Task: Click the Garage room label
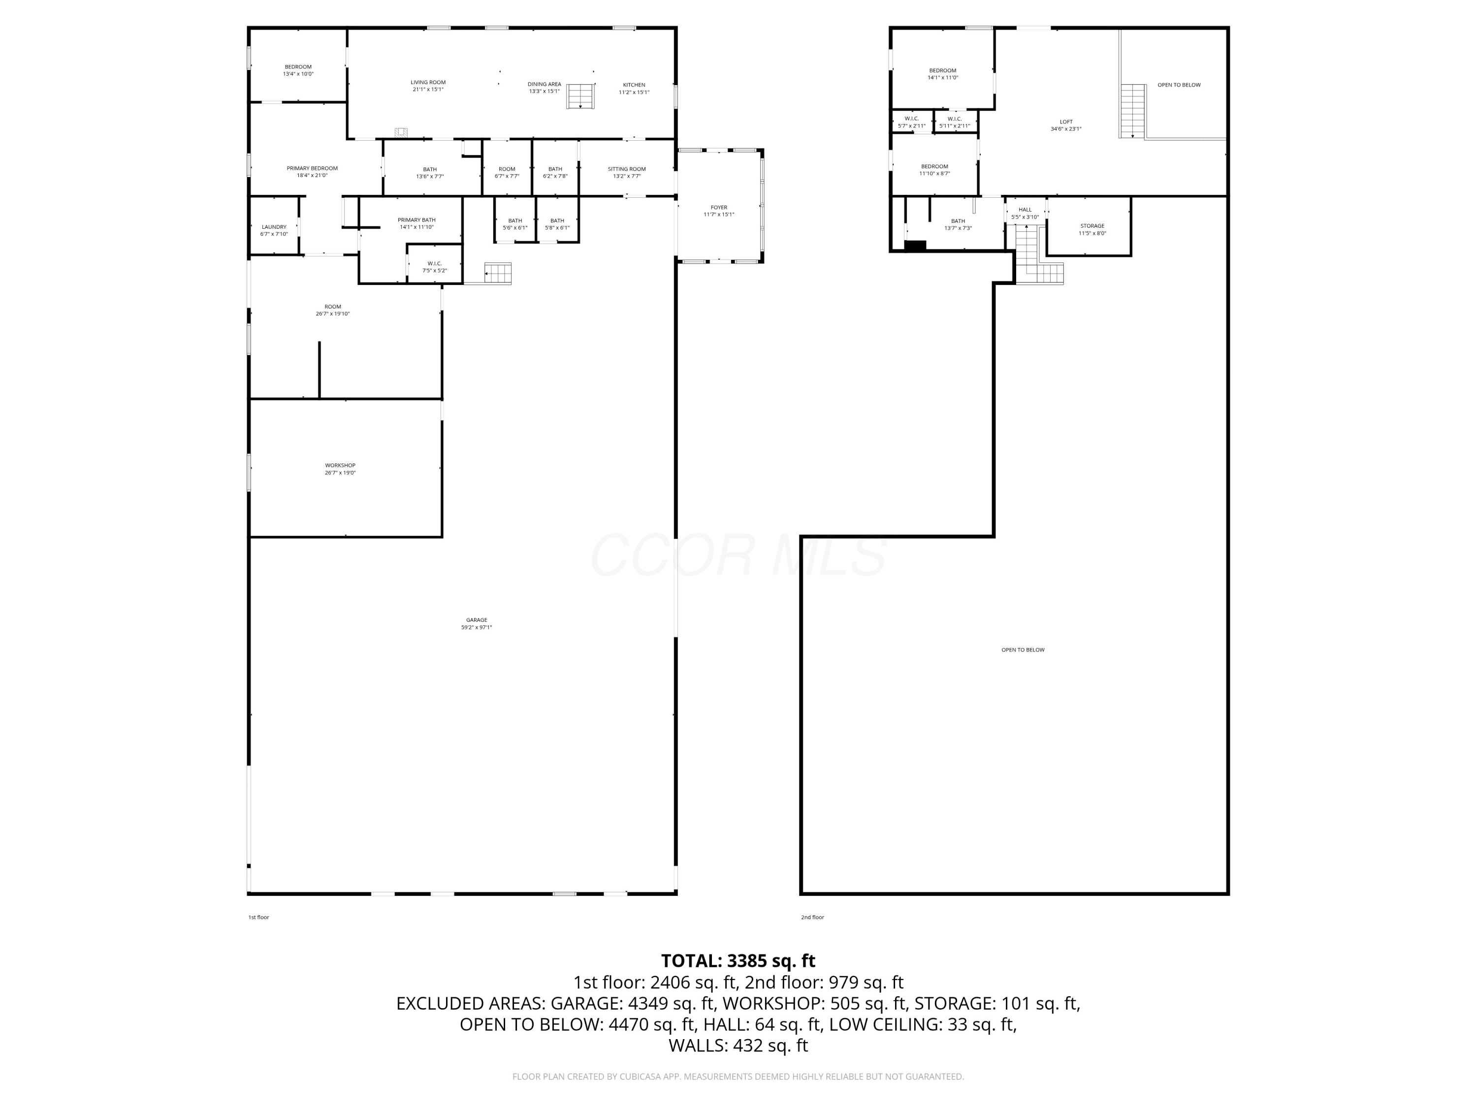[x=476, y=620]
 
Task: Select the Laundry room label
[x=274, y=227]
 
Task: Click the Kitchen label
[x=634, y=85]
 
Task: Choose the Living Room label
[x=428, y=82]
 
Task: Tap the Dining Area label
[x=544, y=84]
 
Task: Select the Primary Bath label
[x=417, y=219]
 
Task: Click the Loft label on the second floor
[x=1066, y=122]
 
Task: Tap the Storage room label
[x=1092, y=225]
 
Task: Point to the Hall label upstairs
[x=1025, y=210]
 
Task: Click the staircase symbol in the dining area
[x=580, y=96]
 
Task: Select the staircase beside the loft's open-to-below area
[x=1132, y=111]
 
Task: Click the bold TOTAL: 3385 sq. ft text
[x=738, y=960]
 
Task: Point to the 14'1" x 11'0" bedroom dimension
[x=942, y=77]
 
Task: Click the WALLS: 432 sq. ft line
[x=738, y=1045]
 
